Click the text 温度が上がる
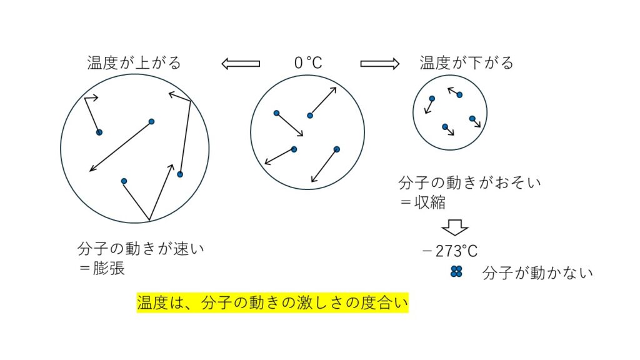point(134,63)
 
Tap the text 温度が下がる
point(466,63)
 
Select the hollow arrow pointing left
point(241,63)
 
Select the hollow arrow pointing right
point(379,63)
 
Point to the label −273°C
point(450,252)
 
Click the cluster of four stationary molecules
point(456,271)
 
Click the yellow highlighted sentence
point(272,303)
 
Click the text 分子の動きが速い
point(141,249)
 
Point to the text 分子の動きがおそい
point(469,184)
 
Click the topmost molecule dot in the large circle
point(151,121)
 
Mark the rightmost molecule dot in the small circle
point(472,118)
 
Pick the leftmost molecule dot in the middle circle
point(276,113)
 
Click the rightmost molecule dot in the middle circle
point(336,149)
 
